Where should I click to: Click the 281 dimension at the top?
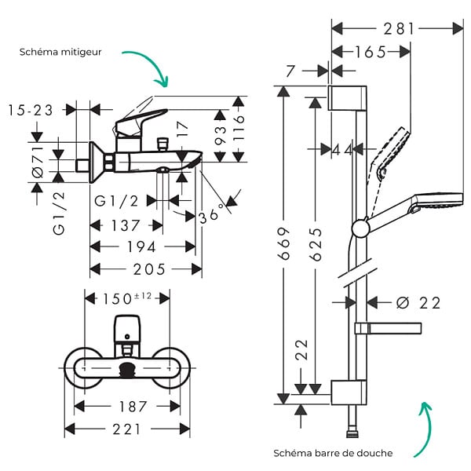point(399,29)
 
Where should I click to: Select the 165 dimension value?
point(371,53)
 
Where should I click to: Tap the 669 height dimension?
point(284,243)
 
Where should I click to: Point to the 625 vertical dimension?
point(315,244)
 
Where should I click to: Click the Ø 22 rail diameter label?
point(418,303)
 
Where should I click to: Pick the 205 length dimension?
point(149,269)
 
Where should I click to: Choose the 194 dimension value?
point(141,247)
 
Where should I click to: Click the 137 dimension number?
point(126,225)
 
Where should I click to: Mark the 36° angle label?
point(212,214)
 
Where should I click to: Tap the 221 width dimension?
point(126,429)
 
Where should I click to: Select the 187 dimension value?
point(133,407)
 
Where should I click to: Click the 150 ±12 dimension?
point(127,298)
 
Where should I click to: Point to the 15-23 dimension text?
point(31,110)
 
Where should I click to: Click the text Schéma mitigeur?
point(60,52)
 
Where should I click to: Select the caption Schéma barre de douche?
point(333,453)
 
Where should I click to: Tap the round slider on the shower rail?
point(360,229)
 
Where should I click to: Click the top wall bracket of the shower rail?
point(347,98)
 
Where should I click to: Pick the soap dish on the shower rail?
point(388,329)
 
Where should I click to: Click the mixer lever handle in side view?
point(141,122)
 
